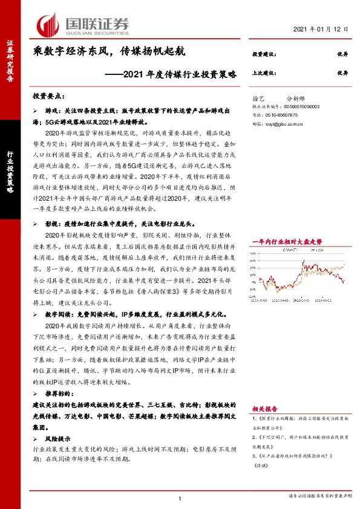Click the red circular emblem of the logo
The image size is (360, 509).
(x=48, y=25)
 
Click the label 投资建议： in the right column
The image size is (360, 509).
(x=264, y=54)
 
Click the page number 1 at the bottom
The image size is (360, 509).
(x=180, y=498)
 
